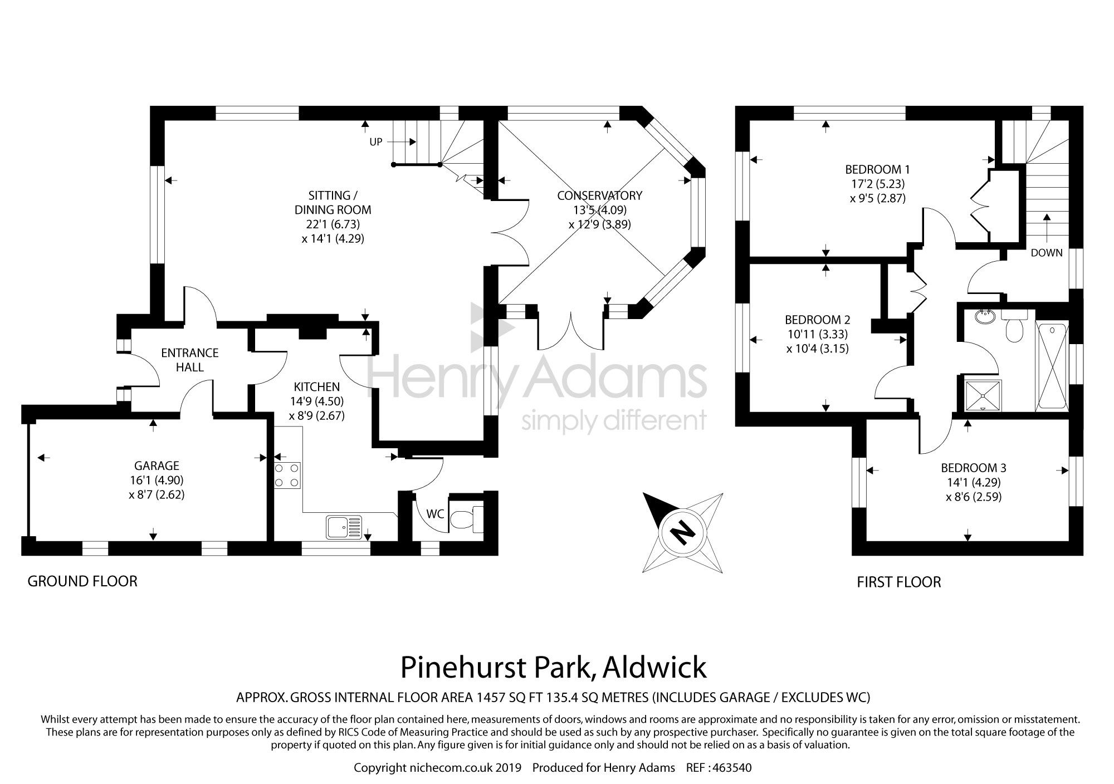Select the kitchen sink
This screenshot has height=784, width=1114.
tap(344, 527)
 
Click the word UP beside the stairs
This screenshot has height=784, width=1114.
tap(376, 142)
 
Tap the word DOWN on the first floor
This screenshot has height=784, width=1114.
tap(1047, 253)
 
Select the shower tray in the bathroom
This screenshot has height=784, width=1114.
tap(983, 395)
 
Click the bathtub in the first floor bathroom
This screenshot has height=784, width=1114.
tap(1052, 366)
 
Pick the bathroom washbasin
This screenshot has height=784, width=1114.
tap(986, 317)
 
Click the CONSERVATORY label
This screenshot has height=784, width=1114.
tap(599, 195)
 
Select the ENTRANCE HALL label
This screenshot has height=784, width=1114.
tap(190, 360)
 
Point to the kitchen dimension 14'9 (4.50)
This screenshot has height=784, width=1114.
tap(316, 401)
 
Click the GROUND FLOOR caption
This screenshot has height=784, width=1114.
tap(82, 581)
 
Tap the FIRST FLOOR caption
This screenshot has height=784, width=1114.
tap(899, 582)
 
